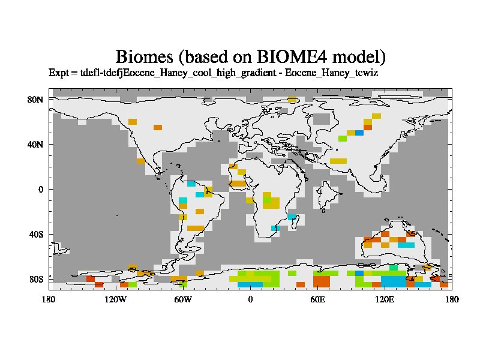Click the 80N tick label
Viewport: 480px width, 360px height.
[x=35, y=100]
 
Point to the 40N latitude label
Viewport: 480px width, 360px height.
[x=35, y=145]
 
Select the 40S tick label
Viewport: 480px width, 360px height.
[x=36, y=235]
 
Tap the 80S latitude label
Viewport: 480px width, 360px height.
[x=36, y=280]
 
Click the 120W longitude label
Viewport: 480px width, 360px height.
[x=115, y=299]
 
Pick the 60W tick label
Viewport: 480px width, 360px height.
[x=183, y=299]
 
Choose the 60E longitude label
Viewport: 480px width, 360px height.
[x=317, y=299]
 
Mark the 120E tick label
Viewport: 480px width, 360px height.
[x=385, y=299]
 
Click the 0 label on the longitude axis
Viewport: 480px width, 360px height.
[x=250, y=299]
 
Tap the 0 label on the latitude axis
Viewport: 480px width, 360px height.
[x=41, y=190]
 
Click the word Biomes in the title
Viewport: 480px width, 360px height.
[x=145, y=57]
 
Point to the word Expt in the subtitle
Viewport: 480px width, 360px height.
[x=59, y=73]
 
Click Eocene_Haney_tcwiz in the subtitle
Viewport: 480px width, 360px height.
[x=332, y=73]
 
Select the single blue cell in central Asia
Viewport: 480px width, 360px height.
[x=359, y=133]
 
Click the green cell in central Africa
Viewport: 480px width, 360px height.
[x=267, y=200]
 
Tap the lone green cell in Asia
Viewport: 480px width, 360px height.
[x=343, y=139]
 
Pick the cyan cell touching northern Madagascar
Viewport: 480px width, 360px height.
[x=292, y=217]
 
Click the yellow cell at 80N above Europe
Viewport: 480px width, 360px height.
[x=292, y=99]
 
